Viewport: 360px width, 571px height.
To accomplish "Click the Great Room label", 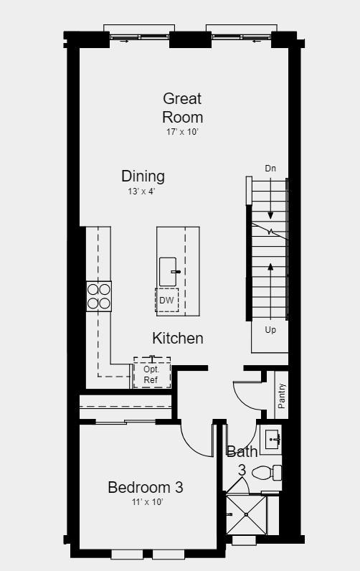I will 182,108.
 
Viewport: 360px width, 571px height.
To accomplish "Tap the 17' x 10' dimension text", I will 182,132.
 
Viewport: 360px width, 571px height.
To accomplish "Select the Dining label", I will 143,176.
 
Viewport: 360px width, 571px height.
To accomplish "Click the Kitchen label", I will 178,338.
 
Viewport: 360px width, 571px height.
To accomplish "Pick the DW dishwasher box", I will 166,300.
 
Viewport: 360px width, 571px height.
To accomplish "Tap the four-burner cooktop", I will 99,296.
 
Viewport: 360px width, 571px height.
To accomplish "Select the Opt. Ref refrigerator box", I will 151,374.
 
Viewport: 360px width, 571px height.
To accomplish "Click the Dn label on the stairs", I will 270,169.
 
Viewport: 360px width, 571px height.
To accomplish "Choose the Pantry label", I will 282,396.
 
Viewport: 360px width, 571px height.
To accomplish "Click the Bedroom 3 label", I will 146,488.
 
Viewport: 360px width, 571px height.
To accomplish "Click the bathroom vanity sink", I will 272,439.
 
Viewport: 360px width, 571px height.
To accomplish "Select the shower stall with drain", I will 246,514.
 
